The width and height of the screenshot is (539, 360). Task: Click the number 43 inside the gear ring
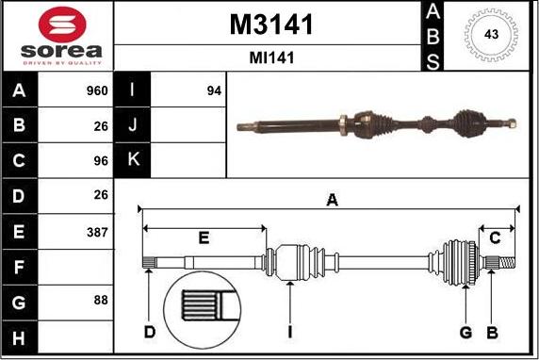491,34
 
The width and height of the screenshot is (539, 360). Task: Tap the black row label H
20,336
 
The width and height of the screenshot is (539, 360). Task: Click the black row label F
20,267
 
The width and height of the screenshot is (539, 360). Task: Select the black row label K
132,160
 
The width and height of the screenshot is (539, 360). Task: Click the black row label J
132,125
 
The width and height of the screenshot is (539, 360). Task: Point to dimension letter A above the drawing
332,199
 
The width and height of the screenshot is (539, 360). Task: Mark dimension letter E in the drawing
204,237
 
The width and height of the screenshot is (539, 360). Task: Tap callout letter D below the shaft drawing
149,332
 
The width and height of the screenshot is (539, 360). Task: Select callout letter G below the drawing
465,332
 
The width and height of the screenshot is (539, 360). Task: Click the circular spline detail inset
205,308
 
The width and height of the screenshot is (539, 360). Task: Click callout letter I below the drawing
291,332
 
